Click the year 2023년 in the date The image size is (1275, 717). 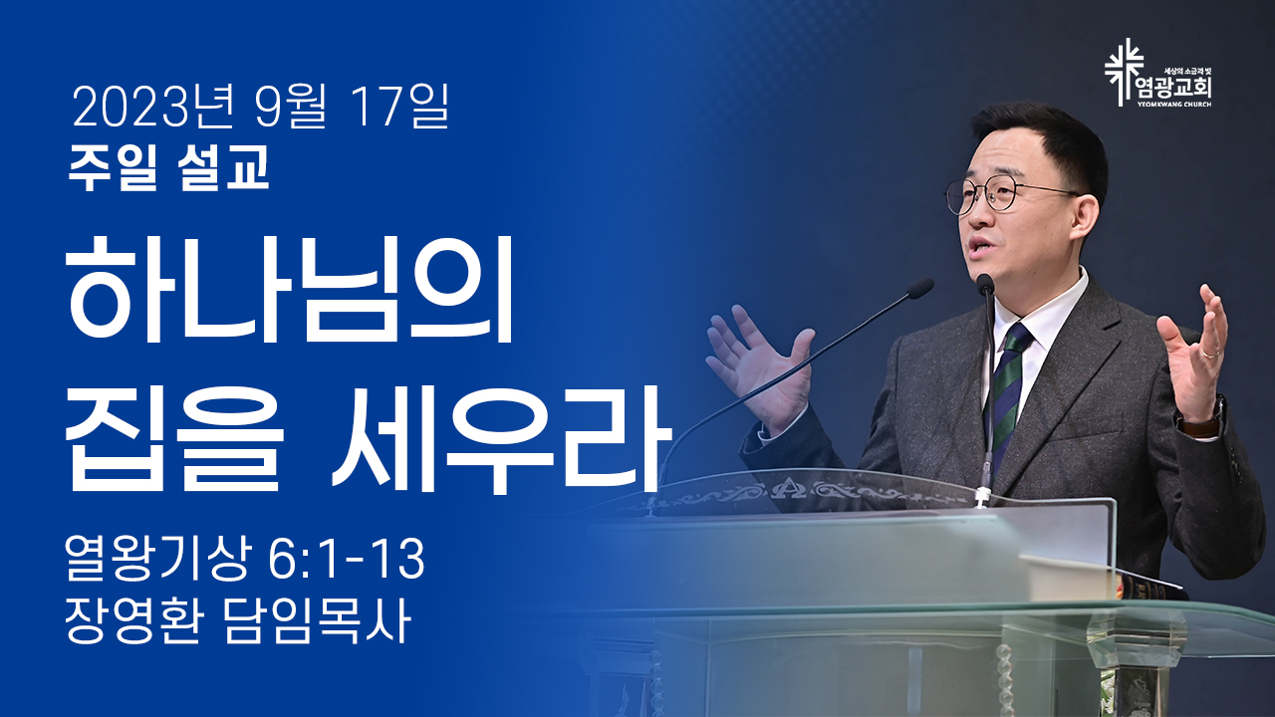click(x=152, y=107)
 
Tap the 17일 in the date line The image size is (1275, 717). click(x=400, y=107)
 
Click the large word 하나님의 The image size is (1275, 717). click(x=290, y=289)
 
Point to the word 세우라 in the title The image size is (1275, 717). click(x=502, y=437)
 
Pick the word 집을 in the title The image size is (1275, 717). click(x=174, y=437)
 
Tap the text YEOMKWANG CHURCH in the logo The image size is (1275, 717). click(x=1173, y=105)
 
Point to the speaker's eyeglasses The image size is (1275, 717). click(x=1005, y=195)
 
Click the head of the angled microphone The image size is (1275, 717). click(x=919, y=289)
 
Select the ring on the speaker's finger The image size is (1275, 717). click(x=1209, y=354)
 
